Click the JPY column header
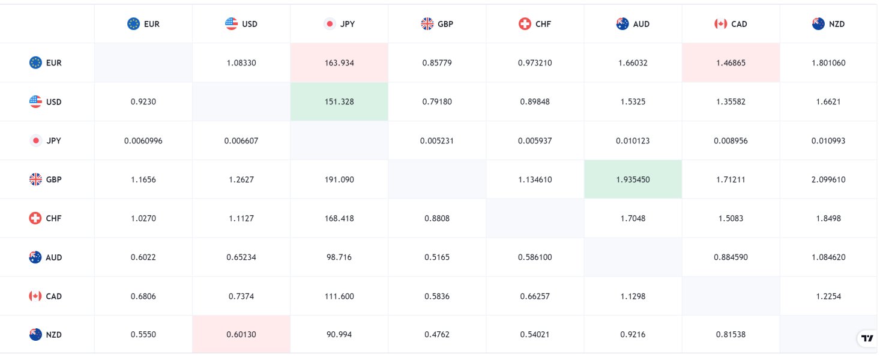339,24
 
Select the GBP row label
46,179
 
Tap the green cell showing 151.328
339,102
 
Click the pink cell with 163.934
339,63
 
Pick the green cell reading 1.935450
633,179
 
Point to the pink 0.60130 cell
241,335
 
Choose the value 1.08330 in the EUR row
241,63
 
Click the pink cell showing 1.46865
731,63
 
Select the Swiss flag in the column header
525,24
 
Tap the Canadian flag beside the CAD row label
35,296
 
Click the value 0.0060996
143,141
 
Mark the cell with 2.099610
828,179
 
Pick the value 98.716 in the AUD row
339,257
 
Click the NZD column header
828,24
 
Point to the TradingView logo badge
867,338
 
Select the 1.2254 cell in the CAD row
828,296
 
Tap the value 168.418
339,218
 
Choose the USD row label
46,102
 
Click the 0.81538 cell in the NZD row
731,335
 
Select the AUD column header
633,24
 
